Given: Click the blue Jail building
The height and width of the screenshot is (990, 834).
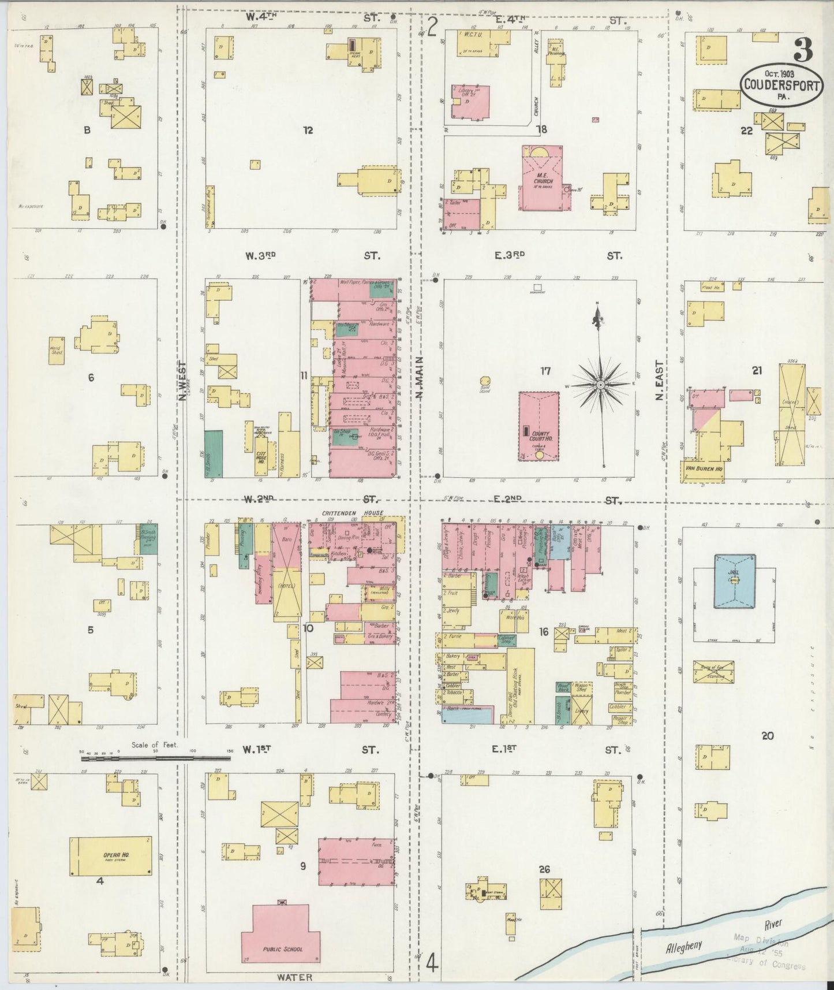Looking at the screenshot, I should tap(734, 581).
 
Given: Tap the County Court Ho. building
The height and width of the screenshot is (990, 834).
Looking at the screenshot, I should tap(538, 426).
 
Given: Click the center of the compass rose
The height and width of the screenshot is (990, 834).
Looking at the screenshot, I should tap(600, 384).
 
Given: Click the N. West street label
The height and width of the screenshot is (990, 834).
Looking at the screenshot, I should tap(182, 381).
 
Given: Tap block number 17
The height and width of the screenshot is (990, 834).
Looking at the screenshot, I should tap(545, 371).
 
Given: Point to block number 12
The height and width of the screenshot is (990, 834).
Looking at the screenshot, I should tap(308, 131).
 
